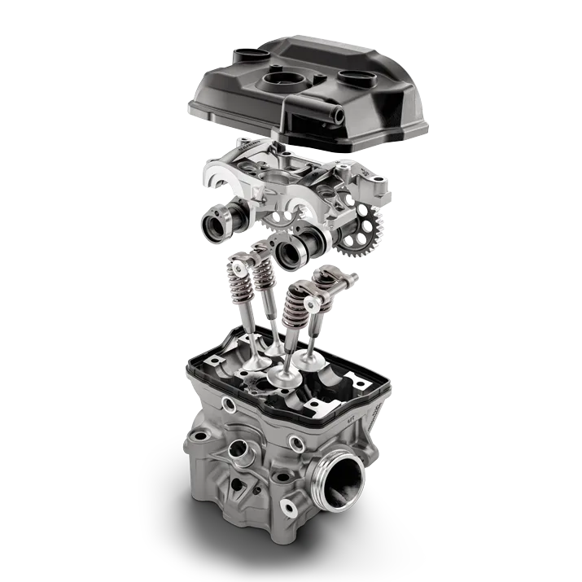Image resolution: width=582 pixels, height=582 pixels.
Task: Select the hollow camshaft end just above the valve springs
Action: tap(291, 251)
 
